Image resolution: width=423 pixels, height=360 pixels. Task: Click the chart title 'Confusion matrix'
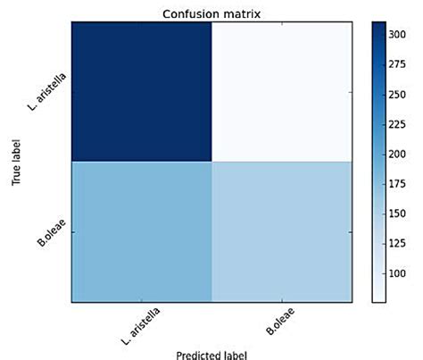[211, 12]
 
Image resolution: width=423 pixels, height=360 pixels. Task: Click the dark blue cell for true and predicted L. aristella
[142, 92]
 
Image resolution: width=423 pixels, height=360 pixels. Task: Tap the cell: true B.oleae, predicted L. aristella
[142, 232]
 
